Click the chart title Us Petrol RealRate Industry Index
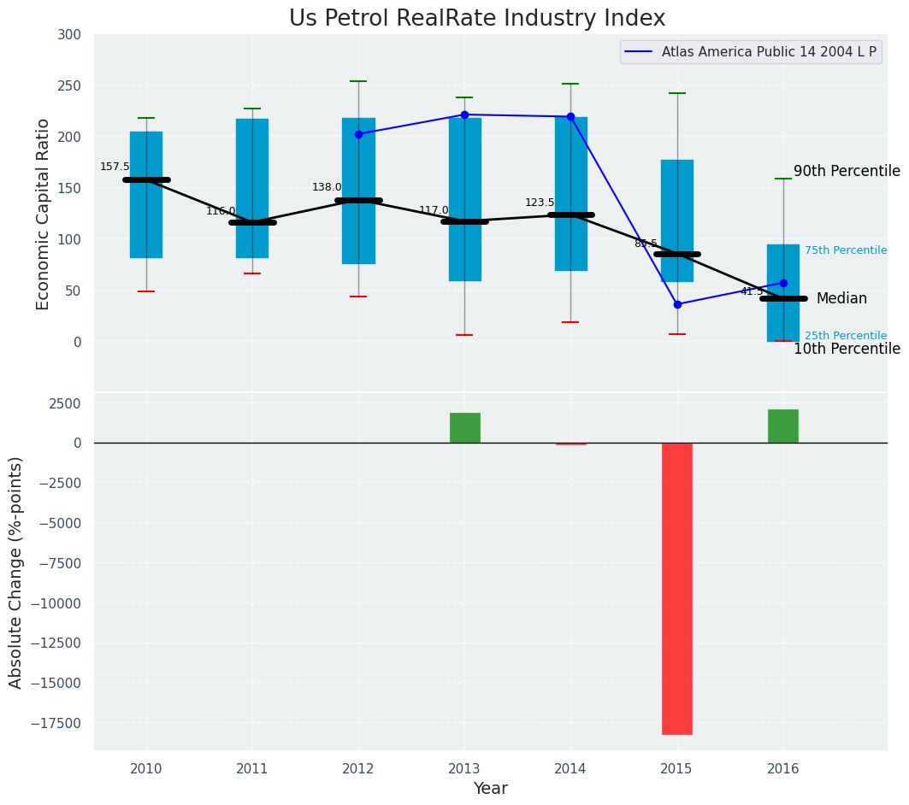click(476, 19)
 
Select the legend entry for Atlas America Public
click(768, 52)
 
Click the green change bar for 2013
click(464, 427)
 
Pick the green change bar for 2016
click(782, 426)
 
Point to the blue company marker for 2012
click(358, 134)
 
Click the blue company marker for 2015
click(677, 304)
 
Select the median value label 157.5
click(115, 167)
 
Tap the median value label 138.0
click(327, 187)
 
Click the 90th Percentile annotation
click(847, 171)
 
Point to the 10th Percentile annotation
click(847, 349)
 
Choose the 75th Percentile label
click(845, 250)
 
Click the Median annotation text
click(841, 298)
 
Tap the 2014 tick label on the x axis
click(570, 768)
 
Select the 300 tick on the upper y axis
click(69, 34)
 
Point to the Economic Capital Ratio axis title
click(43, 214)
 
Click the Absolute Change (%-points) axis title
click(15, 572)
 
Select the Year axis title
click(490, 789)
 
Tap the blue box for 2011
click(252, 188)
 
